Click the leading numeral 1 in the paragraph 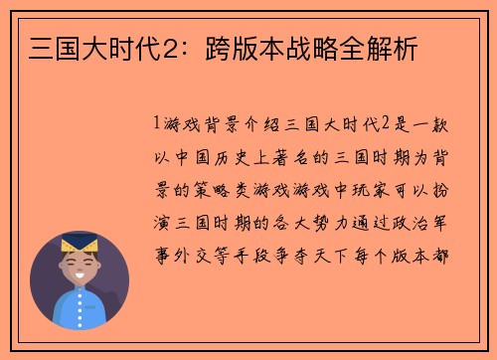tap(157, 125)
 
